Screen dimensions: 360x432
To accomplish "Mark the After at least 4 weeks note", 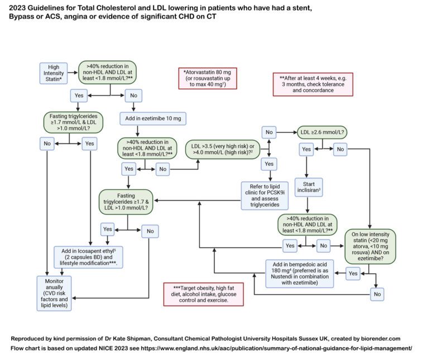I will pos(313,84).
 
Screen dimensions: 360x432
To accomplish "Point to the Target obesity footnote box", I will pos(203,293).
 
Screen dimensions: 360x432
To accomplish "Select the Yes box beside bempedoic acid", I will pos(353,274).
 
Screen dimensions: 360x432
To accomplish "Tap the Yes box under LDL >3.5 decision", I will pos(268,164).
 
